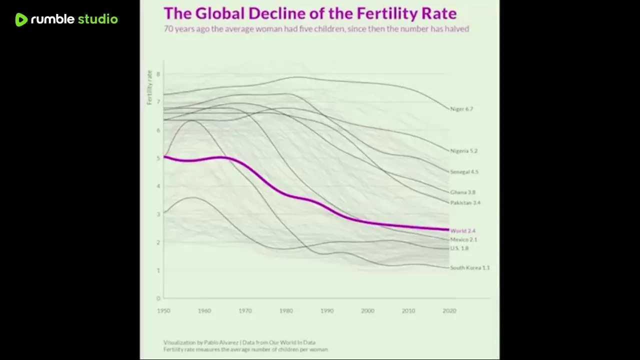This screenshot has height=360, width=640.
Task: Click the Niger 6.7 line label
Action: tap(461, 109)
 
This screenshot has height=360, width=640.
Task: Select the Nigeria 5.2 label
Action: tap(463, 151)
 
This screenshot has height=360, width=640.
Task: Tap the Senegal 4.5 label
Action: tap(464, 172)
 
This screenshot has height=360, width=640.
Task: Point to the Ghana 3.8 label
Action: tap(462, 192)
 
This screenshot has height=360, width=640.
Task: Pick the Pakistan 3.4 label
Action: tap(465, 203)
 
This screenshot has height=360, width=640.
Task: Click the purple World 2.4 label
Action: tap(462, 231)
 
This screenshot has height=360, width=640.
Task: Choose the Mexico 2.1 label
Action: tap(463, 240)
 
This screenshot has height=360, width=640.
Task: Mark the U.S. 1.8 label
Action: tap(459, 248)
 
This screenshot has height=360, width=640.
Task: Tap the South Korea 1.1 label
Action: tap(469, 268)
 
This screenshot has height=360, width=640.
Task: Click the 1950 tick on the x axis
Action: tap(163, 311)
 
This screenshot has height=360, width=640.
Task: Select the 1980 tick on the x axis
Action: tap(286, 311)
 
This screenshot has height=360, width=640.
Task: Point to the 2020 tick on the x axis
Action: tap(449, 311)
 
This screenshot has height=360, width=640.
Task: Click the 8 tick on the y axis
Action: tap(158, 74)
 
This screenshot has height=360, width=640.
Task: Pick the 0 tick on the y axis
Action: tap(158, 298)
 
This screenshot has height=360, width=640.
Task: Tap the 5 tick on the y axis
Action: tap(158, 158)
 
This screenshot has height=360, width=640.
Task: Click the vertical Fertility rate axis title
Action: tap(149, 87)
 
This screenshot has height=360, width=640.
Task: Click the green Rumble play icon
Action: tap(21, 19)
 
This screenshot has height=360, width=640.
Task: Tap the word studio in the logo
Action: tap(97, 19)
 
